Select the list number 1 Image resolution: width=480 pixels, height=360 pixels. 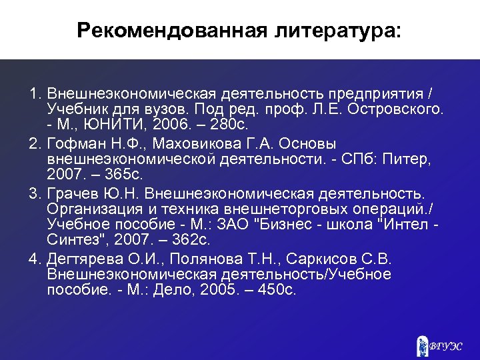[34, 93]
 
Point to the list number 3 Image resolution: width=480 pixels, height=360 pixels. [34, 194]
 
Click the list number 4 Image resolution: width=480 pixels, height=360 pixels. [34, 259]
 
